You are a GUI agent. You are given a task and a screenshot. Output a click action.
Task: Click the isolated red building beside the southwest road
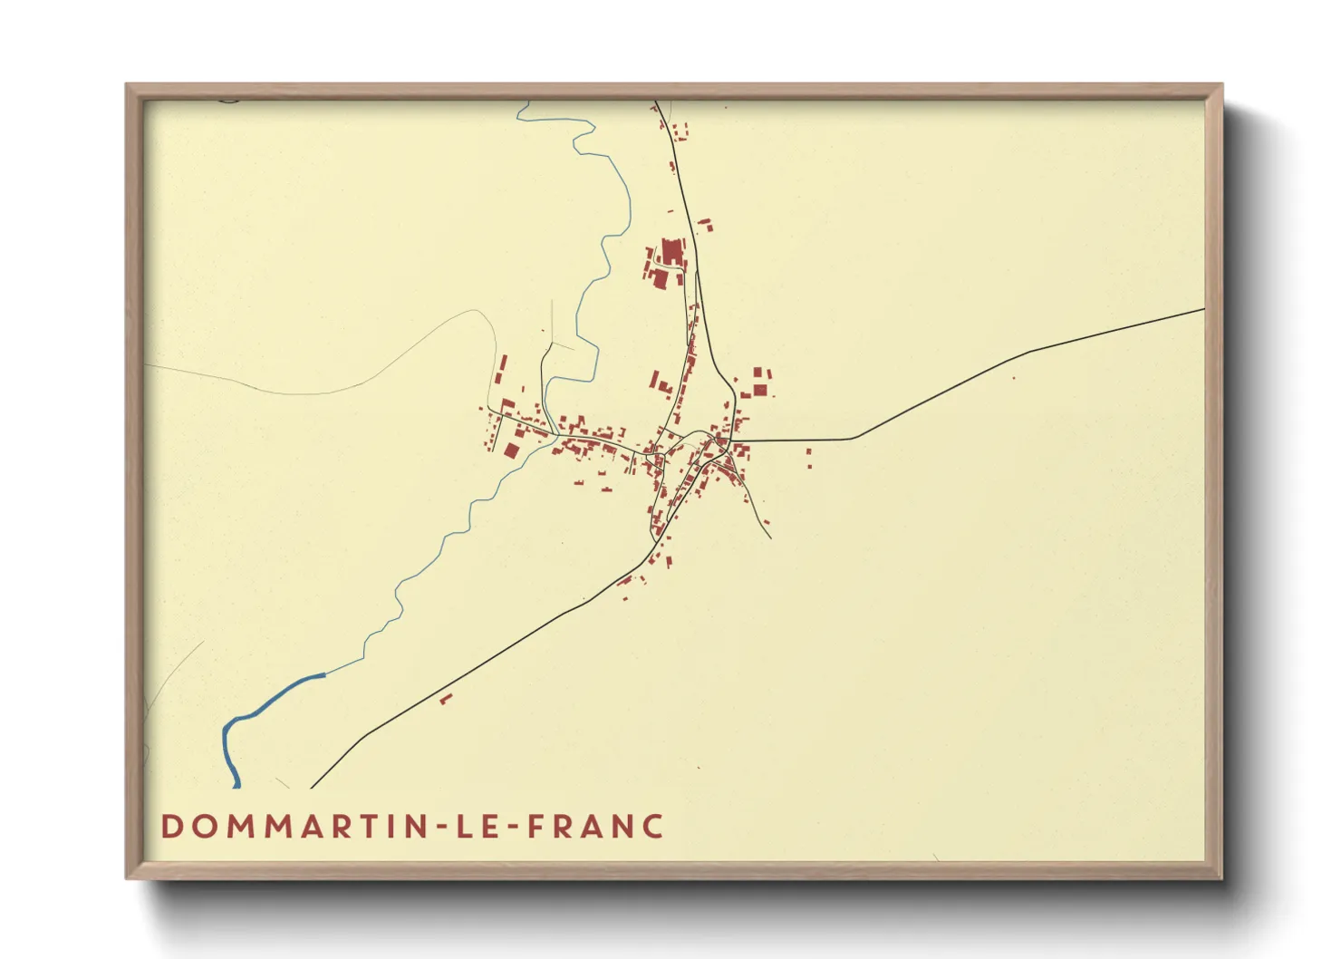pyautogui.click(x=445, y=699)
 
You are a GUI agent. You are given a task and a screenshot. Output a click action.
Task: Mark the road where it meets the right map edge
pyautogui.click(x=1202, y=310)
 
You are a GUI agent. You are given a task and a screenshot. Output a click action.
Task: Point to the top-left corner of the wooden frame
pyautogui.click(x=128, y=86)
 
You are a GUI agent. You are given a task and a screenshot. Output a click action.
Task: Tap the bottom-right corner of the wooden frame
pyautogui.click(x=1220, y=877)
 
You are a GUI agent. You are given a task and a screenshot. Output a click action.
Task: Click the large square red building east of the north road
pyautogui.click(x=760, y=390)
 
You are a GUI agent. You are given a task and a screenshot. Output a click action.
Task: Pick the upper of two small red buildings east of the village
pyautogui.click(x=808, y=451)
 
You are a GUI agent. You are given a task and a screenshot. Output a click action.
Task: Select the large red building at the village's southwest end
pyautogui.click(x=511, y=450)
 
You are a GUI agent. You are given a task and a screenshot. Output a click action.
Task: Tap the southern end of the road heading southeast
pyautogui.click(x=770, y=538)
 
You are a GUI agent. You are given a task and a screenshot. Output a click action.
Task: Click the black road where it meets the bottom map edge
pyautogui.click(x=312, y=787)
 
